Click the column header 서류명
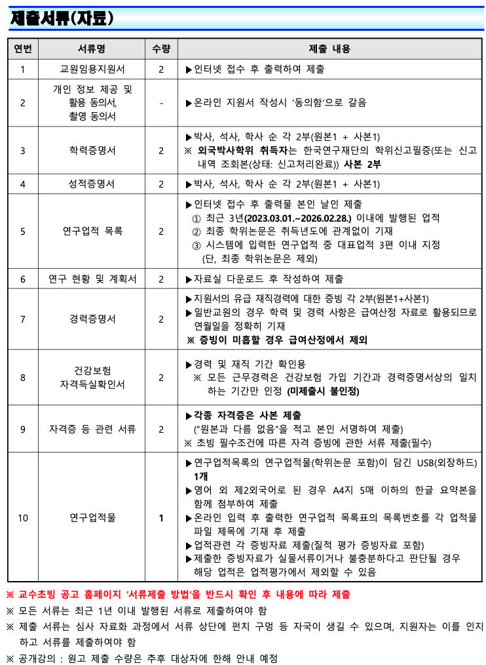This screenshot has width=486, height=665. point(92,49)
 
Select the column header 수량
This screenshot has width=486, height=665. point(160,49)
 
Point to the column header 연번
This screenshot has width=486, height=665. point(23,49)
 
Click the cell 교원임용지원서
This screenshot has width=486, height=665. point(92,69)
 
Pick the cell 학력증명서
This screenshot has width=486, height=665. point(92,150)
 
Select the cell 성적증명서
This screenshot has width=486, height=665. point(92,184)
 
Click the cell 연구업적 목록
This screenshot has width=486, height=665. point(92,231)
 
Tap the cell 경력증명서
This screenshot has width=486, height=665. point(92,319)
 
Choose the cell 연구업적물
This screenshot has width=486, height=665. point(92,518)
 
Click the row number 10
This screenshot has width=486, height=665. point(23,518)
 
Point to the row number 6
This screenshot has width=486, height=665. point(23,279)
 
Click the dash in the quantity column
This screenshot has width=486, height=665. point(160,103)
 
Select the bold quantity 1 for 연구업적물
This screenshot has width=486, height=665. point(160,518)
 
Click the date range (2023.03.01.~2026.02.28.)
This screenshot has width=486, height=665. point(298,218)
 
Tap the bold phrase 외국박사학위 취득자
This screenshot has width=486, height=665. point(236,150)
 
